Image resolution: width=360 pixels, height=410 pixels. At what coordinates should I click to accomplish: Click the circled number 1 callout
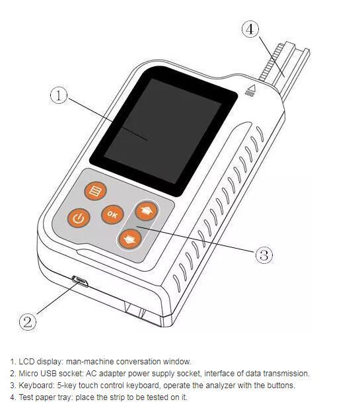pyautogui.click(x=59, y=95)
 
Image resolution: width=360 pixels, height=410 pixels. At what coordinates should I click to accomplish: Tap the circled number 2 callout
pyautogui.click(x=28, y=321)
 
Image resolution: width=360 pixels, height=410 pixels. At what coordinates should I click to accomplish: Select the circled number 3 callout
pyautogui.click(x=264, y=255)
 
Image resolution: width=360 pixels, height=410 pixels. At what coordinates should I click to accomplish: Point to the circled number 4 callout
pyautogui.click(x=250, y=28)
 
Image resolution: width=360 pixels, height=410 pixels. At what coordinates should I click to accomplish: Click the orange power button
pyautogui.click(x=79, y=218)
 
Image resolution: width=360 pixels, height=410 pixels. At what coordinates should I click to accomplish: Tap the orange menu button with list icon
pyautogui.click(x=95, y=191)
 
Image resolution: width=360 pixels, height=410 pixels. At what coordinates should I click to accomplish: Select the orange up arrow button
pyautogui.click(x=147, y=211)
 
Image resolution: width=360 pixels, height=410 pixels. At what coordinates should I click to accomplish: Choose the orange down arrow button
pyautogui.click(x=130, y=239)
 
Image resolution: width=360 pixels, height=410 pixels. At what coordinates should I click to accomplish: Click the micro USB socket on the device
pyautogui.click(x=81, y=281)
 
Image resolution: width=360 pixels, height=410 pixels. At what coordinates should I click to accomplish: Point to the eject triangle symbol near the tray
pyautogui.click(x=250, y=91)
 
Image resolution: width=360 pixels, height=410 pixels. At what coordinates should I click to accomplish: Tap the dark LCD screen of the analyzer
pyautogui.click(x=163, y=131)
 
